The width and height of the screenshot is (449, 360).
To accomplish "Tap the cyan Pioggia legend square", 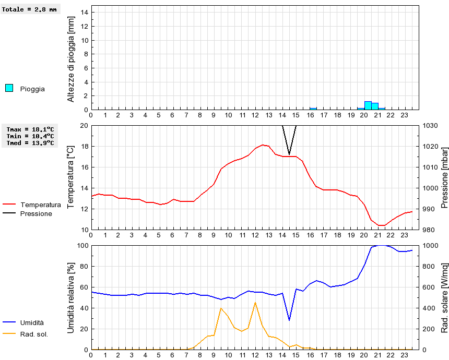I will click(x=9, y=88).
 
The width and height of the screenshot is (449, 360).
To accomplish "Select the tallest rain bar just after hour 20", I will click(x=368, y=105).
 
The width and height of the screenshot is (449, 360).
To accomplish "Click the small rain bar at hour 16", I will click(x=313, y=109).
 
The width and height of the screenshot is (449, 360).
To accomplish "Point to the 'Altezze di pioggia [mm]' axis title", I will click(x=71, y=58).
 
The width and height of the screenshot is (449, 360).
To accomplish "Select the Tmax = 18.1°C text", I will click(x=30, y=129).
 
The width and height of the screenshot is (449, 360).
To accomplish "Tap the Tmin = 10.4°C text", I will click(x=30, y=136).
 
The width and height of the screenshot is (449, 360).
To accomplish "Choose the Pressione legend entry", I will click(x=36, y=213).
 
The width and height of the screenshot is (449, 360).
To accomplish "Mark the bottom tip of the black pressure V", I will click(x=289, y=154).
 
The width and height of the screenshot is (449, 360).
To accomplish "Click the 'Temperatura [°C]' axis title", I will click(x=71, y=177).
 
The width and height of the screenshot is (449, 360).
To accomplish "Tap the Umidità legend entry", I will click(x=32, y=323).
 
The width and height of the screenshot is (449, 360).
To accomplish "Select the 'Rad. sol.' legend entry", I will click(x=34, y=334).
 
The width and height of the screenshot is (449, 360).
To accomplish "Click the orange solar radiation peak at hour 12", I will click(x=255, y=303).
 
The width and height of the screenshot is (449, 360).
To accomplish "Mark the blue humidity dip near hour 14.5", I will click(x=289, y=320).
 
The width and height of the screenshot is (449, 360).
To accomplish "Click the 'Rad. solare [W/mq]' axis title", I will click(x=444, y=297).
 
